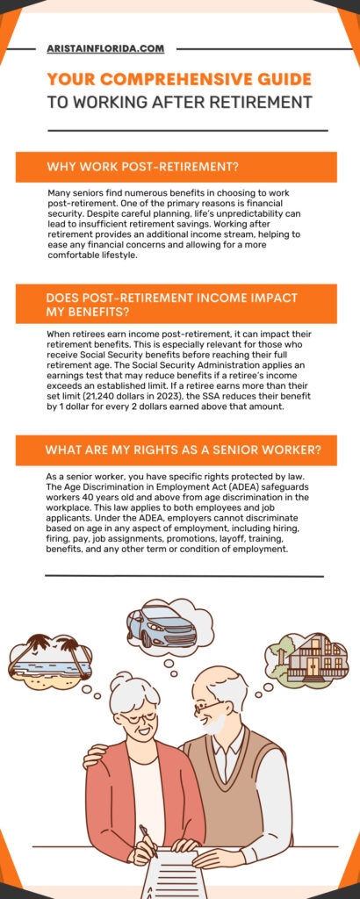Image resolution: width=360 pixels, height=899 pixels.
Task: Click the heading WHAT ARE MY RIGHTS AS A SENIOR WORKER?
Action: tap(184, 450)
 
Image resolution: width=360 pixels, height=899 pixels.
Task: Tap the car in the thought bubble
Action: tap(159, 626)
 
